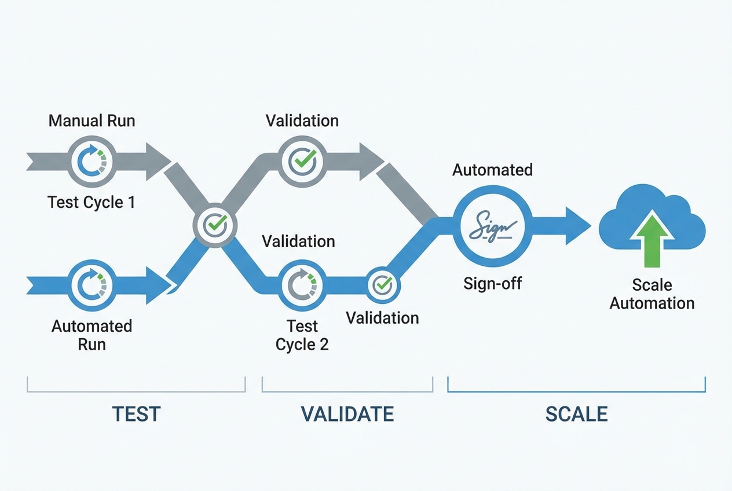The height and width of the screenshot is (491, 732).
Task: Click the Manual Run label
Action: click(91, 120)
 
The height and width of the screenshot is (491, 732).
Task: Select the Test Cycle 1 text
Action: click(91, 202)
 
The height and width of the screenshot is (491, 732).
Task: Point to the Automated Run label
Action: click(91, 335)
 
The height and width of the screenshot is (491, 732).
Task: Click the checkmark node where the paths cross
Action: click(215, 225)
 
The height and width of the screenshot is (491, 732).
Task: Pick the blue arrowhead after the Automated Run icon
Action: click(158, 285)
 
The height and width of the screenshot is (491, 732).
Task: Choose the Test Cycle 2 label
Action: click(302, 335)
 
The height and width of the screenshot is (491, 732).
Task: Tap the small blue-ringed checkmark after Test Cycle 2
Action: click(382, 284)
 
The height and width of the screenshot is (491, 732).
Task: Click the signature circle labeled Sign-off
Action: click(492, 226)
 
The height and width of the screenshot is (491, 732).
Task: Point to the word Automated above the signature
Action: click(492, 170)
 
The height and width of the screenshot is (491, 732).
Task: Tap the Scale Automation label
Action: click(652, 294)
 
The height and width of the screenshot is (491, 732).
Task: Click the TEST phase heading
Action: click(136, 414)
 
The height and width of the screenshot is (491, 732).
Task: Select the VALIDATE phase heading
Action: click(347, 414)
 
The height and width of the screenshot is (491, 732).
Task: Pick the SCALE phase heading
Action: click(576, 414)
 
